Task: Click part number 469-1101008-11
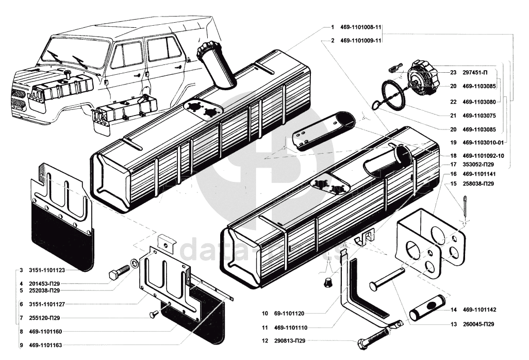pyautogui.click(x=360, y=27)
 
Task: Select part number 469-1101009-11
pyautogui.click(x=360, y=40)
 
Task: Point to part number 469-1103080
pyautogui.click(x=479, y=102)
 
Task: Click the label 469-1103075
pyautogui.click(x=479, y=116)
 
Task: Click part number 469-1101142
pyautogui.click(x=479, y=310)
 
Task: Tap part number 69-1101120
pyautogui.click(x=292, y=313)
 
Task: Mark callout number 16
pyautogui.click(x=453, y=174)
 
